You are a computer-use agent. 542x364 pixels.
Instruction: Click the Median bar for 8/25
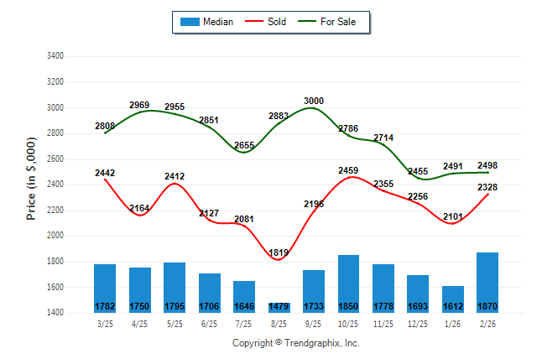[x=279, y=308]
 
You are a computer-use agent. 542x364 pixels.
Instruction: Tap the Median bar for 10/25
[x=348, y=283]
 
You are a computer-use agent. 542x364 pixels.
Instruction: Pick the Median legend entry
[x=207, y=22]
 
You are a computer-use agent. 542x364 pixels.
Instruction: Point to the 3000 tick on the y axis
[x=54, y=108]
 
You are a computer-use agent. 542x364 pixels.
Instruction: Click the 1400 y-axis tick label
[x=54, y=314]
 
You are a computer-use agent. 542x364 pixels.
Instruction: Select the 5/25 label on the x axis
[x=175, y=324]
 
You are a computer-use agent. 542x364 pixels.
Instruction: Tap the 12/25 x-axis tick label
[x=418, y=324]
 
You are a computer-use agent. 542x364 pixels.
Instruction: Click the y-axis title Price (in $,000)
[x=31, y=179]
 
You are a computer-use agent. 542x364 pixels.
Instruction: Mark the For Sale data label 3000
[x=314, y=101]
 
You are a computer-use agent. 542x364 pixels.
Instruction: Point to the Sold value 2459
[x=348, y=171]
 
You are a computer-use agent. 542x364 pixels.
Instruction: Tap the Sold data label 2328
[x=487, y=188]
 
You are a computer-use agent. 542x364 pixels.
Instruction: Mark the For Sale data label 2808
[x=106, y=126]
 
